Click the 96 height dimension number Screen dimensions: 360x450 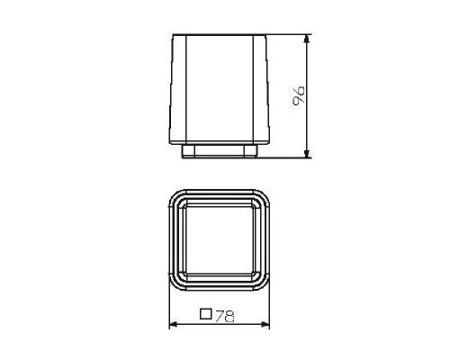(x=301, y=95)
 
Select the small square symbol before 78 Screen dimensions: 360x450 (x=205, y=315)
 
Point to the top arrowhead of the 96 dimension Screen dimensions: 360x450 (x=308, y=39)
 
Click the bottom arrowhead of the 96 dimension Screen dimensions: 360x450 (x=308, y=156)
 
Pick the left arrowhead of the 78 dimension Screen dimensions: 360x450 (x=173, y=324)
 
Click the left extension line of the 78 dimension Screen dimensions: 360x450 (x=170, y=306)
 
